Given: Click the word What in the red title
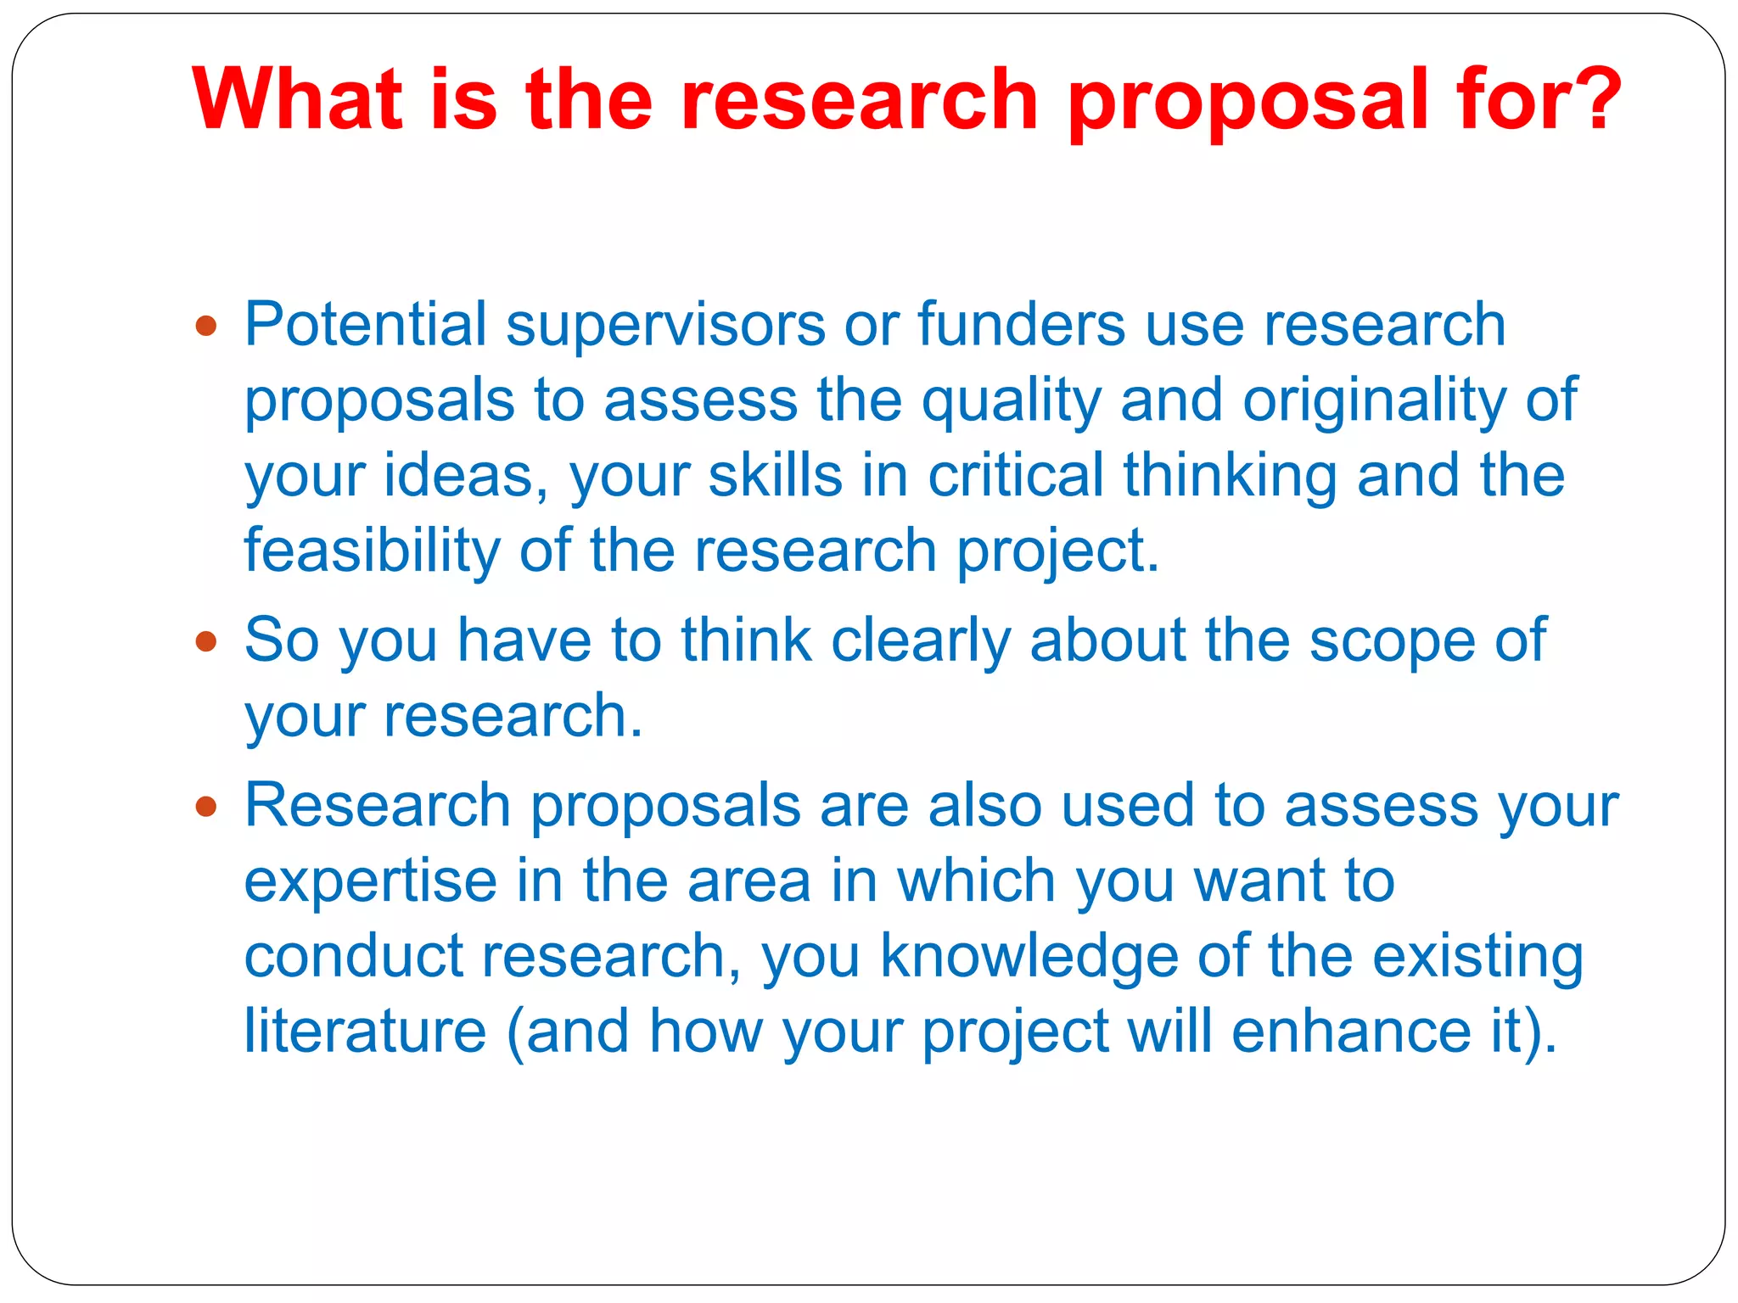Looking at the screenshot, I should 297,99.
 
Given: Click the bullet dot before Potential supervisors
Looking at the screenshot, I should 205,326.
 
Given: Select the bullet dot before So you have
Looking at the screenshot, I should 205,640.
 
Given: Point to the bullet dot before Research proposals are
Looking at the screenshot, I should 205,805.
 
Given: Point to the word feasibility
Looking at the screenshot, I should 372,551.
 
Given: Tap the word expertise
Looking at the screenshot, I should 371,881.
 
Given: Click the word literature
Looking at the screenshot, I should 365,1032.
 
